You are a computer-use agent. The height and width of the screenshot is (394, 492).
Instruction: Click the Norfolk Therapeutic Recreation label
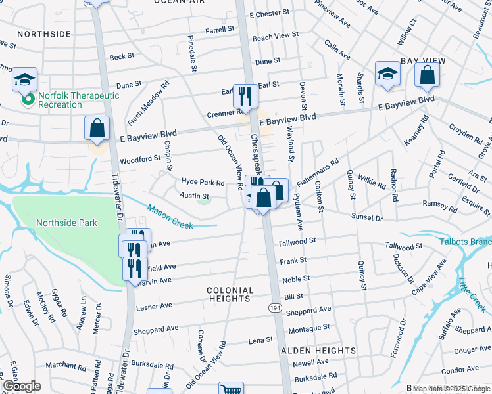78,100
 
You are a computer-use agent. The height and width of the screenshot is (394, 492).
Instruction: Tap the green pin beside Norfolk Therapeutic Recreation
28,100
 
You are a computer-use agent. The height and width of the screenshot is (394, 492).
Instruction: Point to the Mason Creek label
170,217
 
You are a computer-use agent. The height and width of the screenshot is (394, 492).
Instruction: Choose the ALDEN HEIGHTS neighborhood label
318,351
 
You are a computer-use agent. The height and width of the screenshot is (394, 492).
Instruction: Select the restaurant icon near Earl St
245,96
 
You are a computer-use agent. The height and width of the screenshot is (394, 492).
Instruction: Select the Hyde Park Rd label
203,182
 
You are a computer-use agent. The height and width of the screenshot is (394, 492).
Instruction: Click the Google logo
22,386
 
